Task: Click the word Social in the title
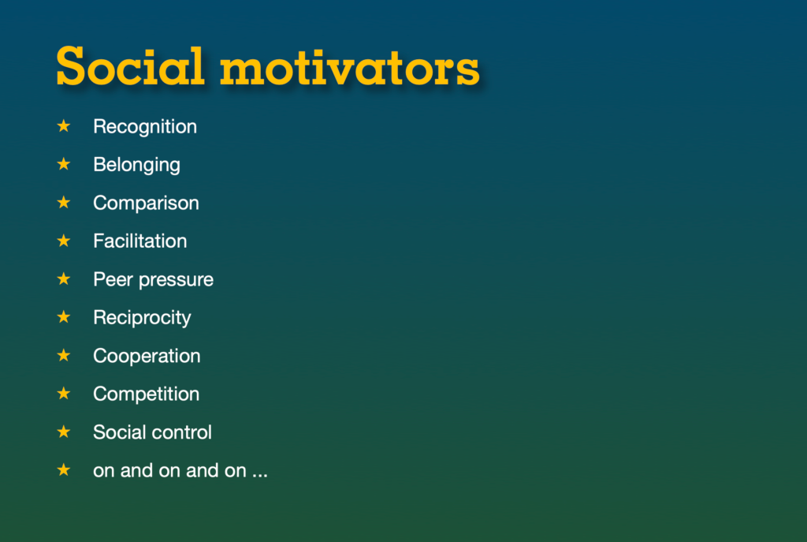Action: pos(130,66)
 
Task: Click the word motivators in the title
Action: pos(350,68)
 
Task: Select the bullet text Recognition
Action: pos(145,127)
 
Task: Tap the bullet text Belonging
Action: pos(136,165)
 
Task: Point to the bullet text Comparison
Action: pos(146,203)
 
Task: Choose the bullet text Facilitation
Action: pos(140,241)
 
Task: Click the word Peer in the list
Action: pos(113,279)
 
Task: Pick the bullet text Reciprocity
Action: pos(142,318)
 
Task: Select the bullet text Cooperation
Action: pos(147,356)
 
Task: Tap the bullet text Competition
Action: pos(146,394)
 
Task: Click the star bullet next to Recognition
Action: pos(64,125)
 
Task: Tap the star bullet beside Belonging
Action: pos(64,164)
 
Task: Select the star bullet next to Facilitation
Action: pos(64,241)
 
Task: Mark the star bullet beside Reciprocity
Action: pos(64,317)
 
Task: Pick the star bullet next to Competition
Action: pos(64,394)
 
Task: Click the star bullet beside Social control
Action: pos(64,432)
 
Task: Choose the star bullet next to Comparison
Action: pos(64,203)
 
